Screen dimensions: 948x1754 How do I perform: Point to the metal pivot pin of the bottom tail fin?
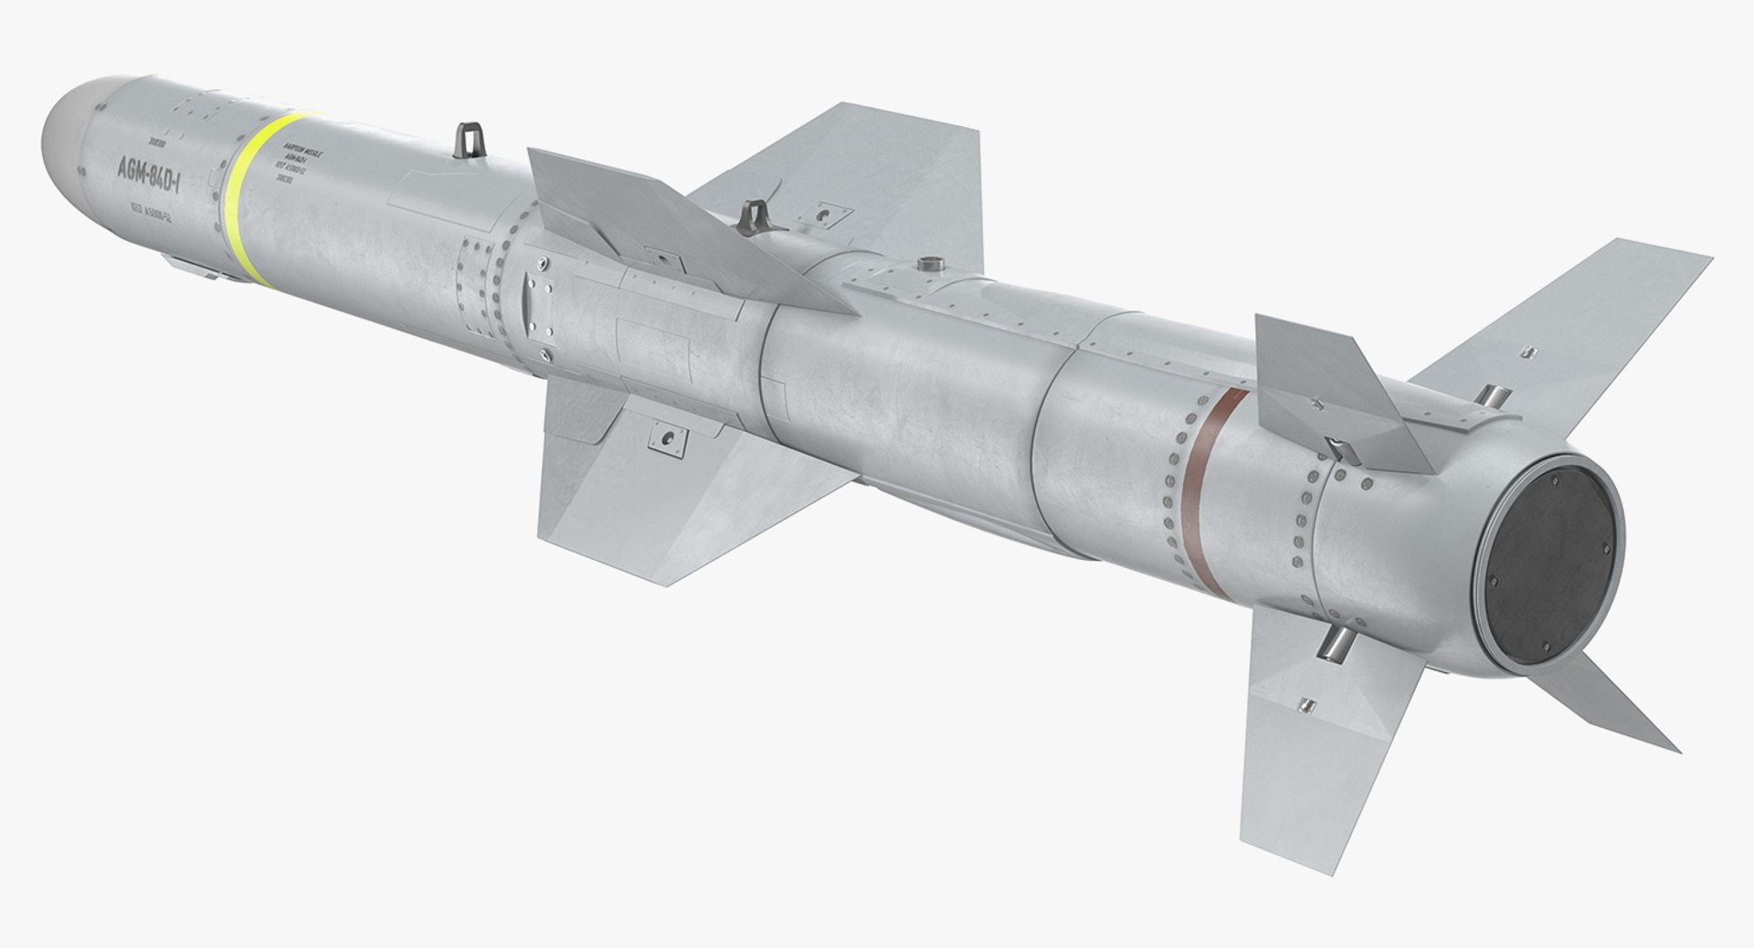click(1335, 639)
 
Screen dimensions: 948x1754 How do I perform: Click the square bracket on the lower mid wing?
click(667, 438)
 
